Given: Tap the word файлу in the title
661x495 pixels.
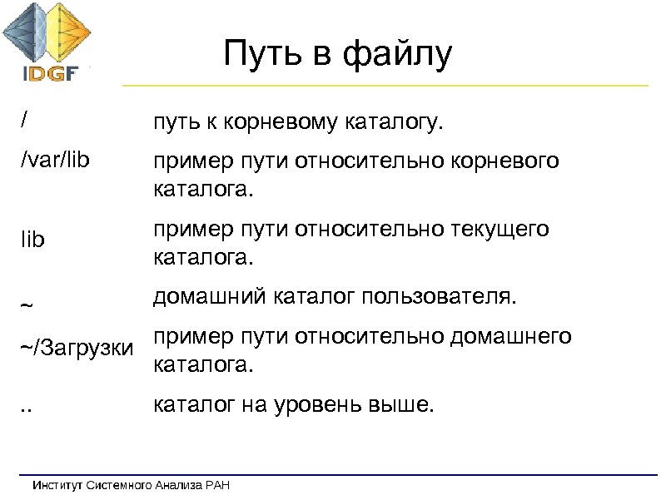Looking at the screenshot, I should pyautogui.click(x=400, y=56).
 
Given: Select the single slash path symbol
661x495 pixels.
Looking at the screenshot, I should pyautogui.click(x=25, y=120).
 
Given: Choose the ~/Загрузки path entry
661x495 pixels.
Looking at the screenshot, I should pyautogui.click(x=76, y=346).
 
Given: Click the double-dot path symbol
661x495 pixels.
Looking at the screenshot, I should pyautogui.click(x=27, y=408).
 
